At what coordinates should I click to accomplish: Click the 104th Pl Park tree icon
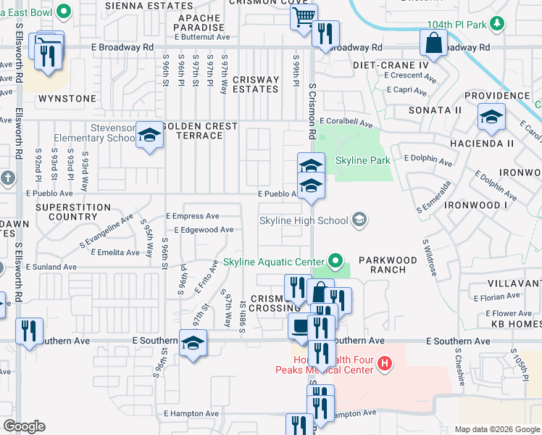pyautogui.click(x=496, y=24)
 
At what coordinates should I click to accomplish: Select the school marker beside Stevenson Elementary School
pyautogui.click(x=150, y=135)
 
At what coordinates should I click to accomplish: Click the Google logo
pyautogui.click(x=24, y=426)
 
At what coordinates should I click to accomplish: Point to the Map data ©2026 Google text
pyautogui.click(x=496, y=429)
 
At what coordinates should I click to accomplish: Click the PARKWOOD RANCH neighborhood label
pyautogui.click(x=388, y=265)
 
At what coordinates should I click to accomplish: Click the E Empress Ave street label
pyautogui.click(x=192, y=216)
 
